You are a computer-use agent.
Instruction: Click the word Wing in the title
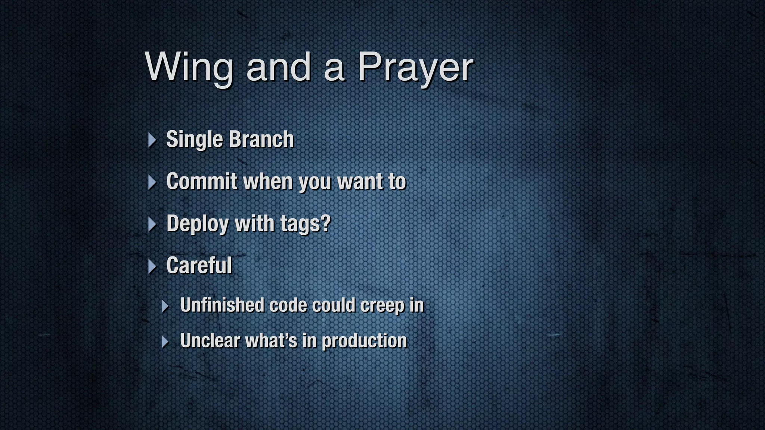tap(189, 67)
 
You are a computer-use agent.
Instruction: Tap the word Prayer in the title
tap(415, 67)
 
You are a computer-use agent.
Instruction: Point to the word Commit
tap(202, 181)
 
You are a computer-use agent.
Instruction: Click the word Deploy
tap(198, 224)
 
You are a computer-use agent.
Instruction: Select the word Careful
tap(199, 265)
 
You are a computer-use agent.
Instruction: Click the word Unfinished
tap(222, 305)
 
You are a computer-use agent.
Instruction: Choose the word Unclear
tap(210, 340)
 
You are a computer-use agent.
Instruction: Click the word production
tap(364, 341)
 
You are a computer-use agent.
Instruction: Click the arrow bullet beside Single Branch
tap(152, 140)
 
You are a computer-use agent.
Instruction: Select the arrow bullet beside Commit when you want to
tap(152, 182)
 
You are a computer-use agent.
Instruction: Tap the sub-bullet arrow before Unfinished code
tap(165, 306)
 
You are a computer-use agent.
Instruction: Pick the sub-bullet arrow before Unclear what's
tap(165, 342)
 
